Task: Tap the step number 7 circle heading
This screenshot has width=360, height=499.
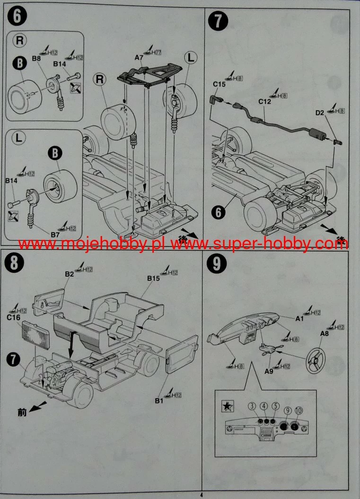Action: (218, 22)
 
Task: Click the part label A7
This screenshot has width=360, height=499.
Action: (139, 57)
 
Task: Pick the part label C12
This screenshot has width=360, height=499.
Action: (264, 101)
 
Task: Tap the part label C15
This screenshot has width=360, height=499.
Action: (219, 84)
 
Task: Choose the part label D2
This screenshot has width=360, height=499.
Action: (320, 113)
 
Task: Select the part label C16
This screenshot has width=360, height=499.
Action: (13, 318)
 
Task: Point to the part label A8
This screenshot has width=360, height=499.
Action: (325, 333)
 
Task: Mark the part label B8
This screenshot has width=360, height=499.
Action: (36, 59)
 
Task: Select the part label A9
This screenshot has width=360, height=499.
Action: (269, 371)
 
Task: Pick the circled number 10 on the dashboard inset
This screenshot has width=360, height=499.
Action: (299, 410)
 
